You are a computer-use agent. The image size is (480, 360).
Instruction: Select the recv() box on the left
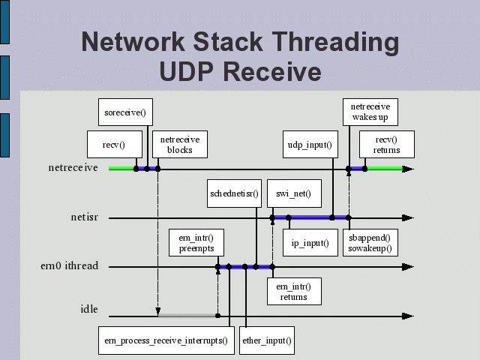[x=113, y=143]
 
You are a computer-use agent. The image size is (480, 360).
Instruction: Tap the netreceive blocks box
[x=180, y=143]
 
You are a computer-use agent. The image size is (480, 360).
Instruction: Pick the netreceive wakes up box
[x=370, y=112]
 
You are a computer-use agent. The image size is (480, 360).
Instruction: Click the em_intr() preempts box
[x=196, y=241]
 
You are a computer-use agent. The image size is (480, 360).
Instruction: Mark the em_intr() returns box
[x=293, y=290]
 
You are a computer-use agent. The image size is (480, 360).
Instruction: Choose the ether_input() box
[x=266, y=340]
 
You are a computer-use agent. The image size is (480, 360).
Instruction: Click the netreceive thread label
[x=73, y=168]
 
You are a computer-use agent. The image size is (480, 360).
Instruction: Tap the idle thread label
[x=89, y=309]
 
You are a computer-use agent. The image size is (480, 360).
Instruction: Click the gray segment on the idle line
[x=187, y=316]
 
